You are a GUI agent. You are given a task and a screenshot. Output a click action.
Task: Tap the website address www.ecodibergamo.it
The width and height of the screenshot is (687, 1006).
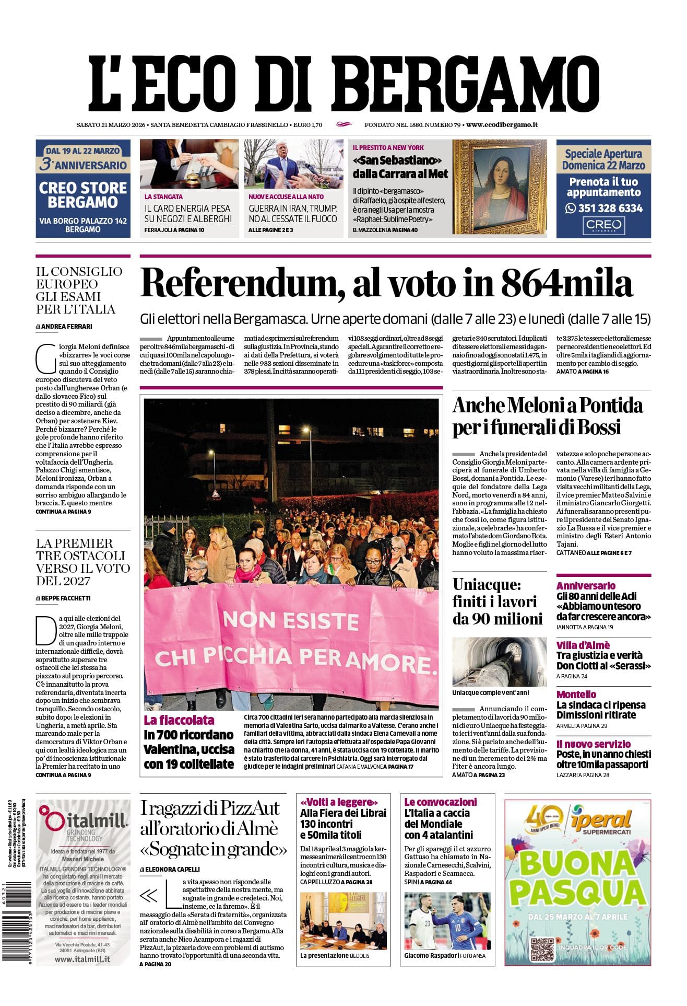(502, 124)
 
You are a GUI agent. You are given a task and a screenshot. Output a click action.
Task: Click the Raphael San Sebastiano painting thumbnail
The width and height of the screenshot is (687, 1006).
(500, 187)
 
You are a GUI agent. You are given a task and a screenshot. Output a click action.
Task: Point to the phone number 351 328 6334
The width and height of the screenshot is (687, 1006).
(603, 208)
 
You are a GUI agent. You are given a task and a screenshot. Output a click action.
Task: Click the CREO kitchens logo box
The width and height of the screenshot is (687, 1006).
(603, 226)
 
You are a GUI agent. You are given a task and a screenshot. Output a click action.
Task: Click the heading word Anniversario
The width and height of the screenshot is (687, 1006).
(586, 586)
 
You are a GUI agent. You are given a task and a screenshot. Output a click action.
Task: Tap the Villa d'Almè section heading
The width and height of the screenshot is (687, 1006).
(583, 645)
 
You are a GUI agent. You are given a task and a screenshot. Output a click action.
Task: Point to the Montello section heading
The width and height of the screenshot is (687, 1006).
(576, 695)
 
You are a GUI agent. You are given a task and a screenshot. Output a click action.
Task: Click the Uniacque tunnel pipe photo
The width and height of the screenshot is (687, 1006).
(499, 662)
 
